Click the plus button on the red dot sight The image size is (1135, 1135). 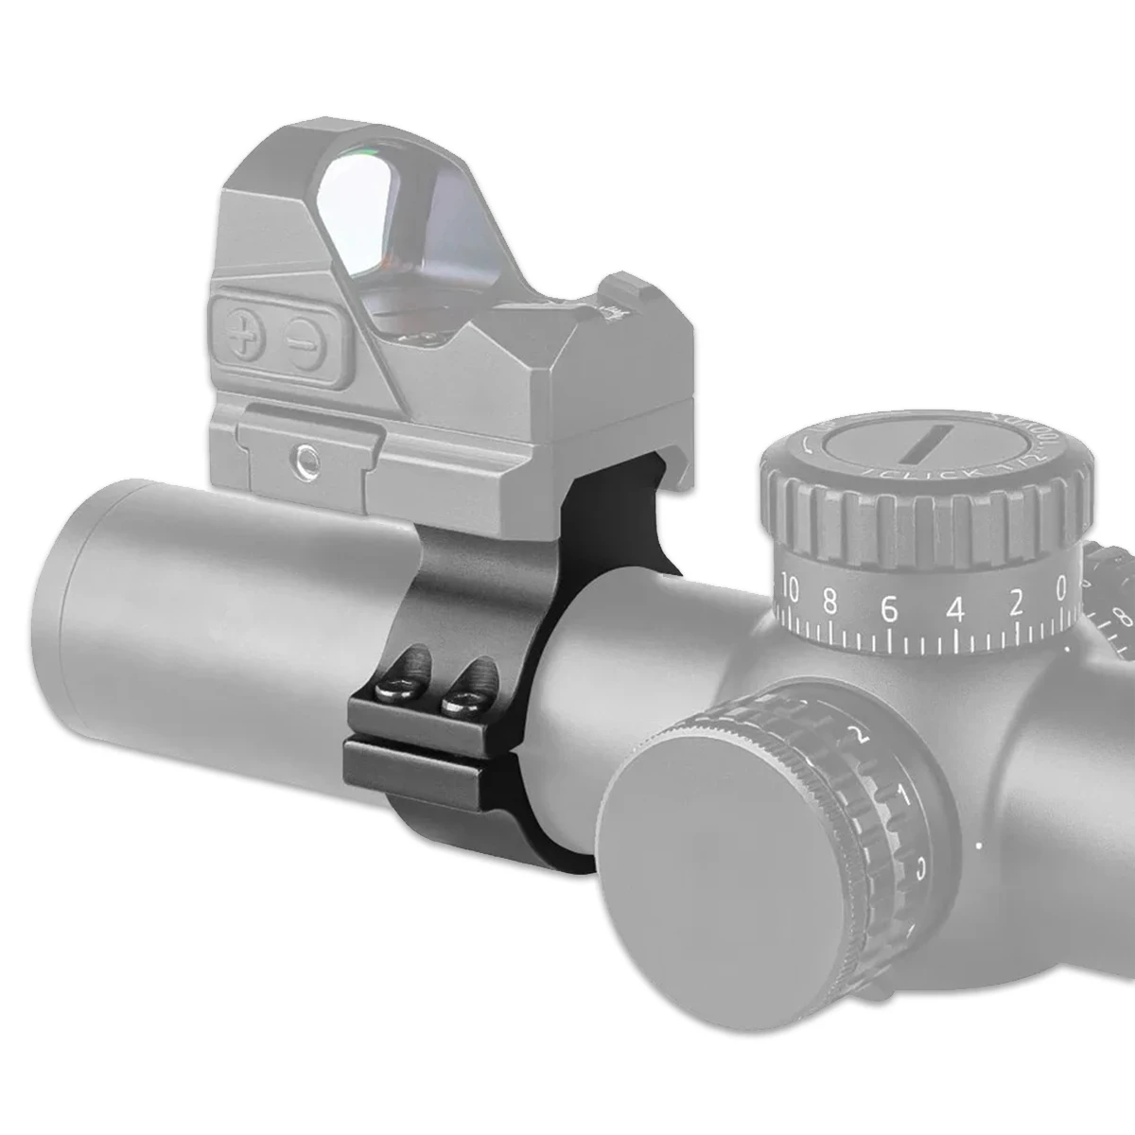click(243, 337)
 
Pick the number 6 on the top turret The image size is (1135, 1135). click(888, 610)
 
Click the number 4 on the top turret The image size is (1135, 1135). click(955, 610)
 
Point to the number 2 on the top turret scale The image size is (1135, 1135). click(1016, 602)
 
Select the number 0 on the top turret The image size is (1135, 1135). click(1061, 592)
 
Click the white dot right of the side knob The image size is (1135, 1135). click(980, 843)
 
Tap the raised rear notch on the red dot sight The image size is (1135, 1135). click(625, 288)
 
